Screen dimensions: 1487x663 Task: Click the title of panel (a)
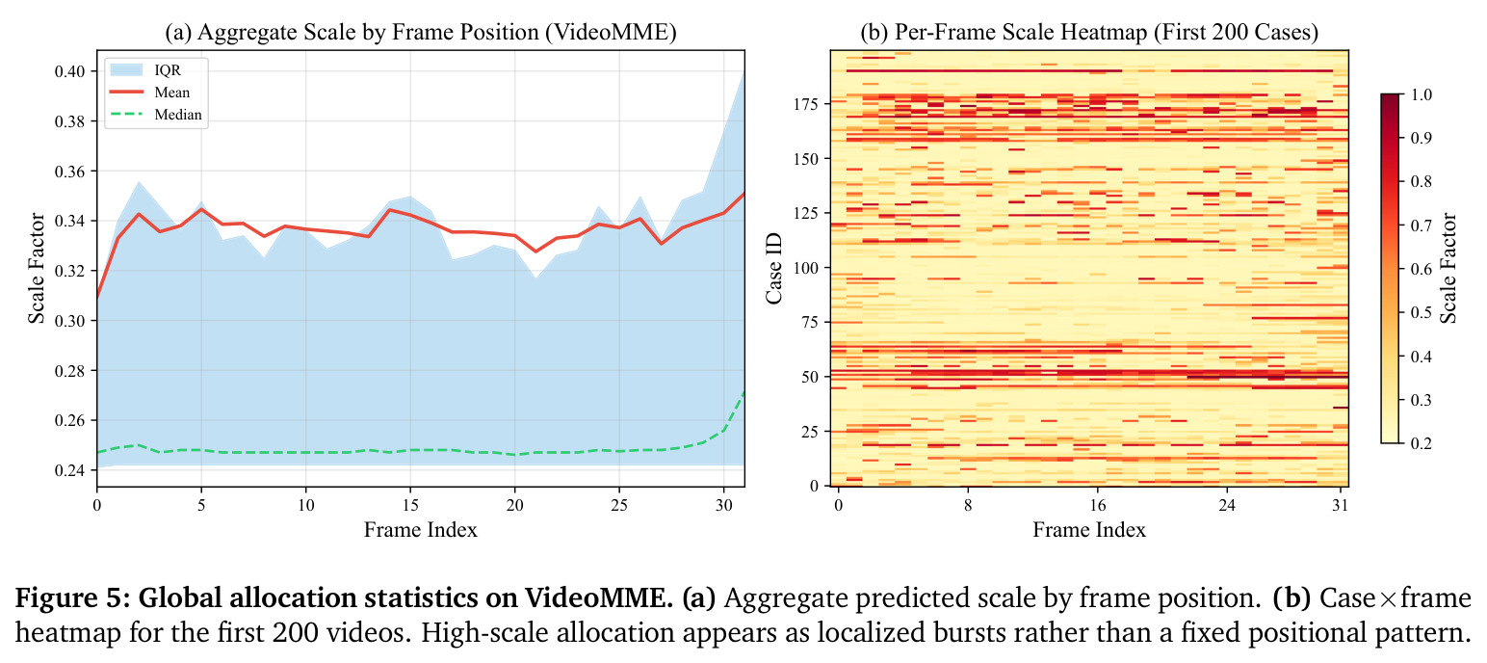pos(421,32)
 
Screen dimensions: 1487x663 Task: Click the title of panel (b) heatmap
pos(1089,32)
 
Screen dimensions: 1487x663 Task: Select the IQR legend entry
pos(145,69)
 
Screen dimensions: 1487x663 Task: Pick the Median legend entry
pos(155,115)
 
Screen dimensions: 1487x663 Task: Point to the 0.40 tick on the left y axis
pos(70,71)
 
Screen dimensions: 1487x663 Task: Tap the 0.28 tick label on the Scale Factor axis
pos(70,371)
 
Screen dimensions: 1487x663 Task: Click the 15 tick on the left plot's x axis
pos(410,505)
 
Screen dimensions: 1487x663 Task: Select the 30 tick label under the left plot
pos(723,505)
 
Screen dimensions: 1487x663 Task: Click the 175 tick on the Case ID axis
pos(806,104)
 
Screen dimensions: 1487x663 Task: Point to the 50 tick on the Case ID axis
pos(810,377)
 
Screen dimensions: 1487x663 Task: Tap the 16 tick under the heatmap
pos(1097,505)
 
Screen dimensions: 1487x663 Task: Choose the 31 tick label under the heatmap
pos(1341,505)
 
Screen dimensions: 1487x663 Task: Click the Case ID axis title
pos(773,269)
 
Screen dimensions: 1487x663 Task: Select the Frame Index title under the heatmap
pos(1089,529)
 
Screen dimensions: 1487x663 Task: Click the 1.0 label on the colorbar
pos(1422,94)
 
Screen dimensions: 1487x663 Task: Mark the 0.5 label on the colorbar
pos(1422,313)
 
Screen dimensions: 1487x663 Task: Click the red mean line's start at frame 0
pos(97,298)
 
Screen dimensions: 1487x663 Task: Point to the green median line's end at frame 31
pos(744,392)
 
